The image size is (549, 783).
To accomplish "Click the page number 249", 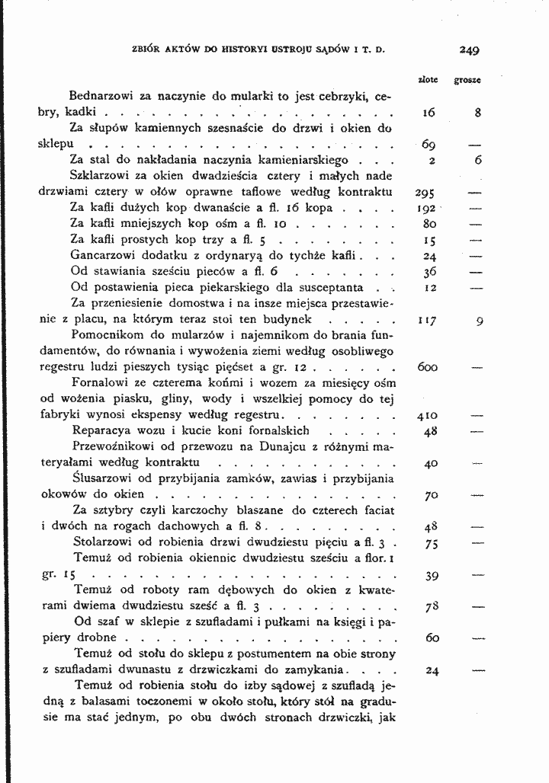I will coord(469,52).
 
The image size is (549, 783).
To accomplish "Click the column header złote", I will coord(428,78).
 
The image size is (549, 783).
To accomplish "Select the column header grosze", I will coord(467,78).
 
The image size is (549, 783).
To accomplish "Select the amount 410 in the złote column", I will coord(426,417).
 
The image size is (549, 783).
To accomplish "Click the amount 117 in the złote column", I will coord(426,321).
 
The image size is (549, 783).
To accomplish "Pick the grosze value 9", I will coord(478,321).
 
